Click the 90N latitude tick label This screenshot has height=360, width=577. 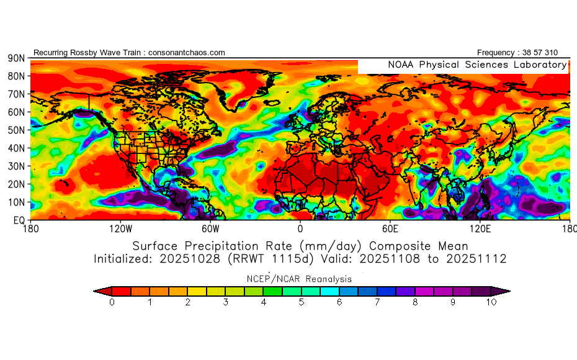pos(16,58)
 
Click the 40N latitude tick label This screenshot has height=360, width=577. pos(16,148)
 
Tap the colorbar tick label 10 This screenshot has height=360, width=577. pos(492,303)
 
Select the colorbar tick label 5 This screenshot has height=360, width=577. pos(302,303)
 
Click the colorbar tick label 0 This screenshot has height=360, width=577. pos(112,303)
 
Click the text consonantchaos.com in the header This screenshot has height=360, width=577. pos(187,53)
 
